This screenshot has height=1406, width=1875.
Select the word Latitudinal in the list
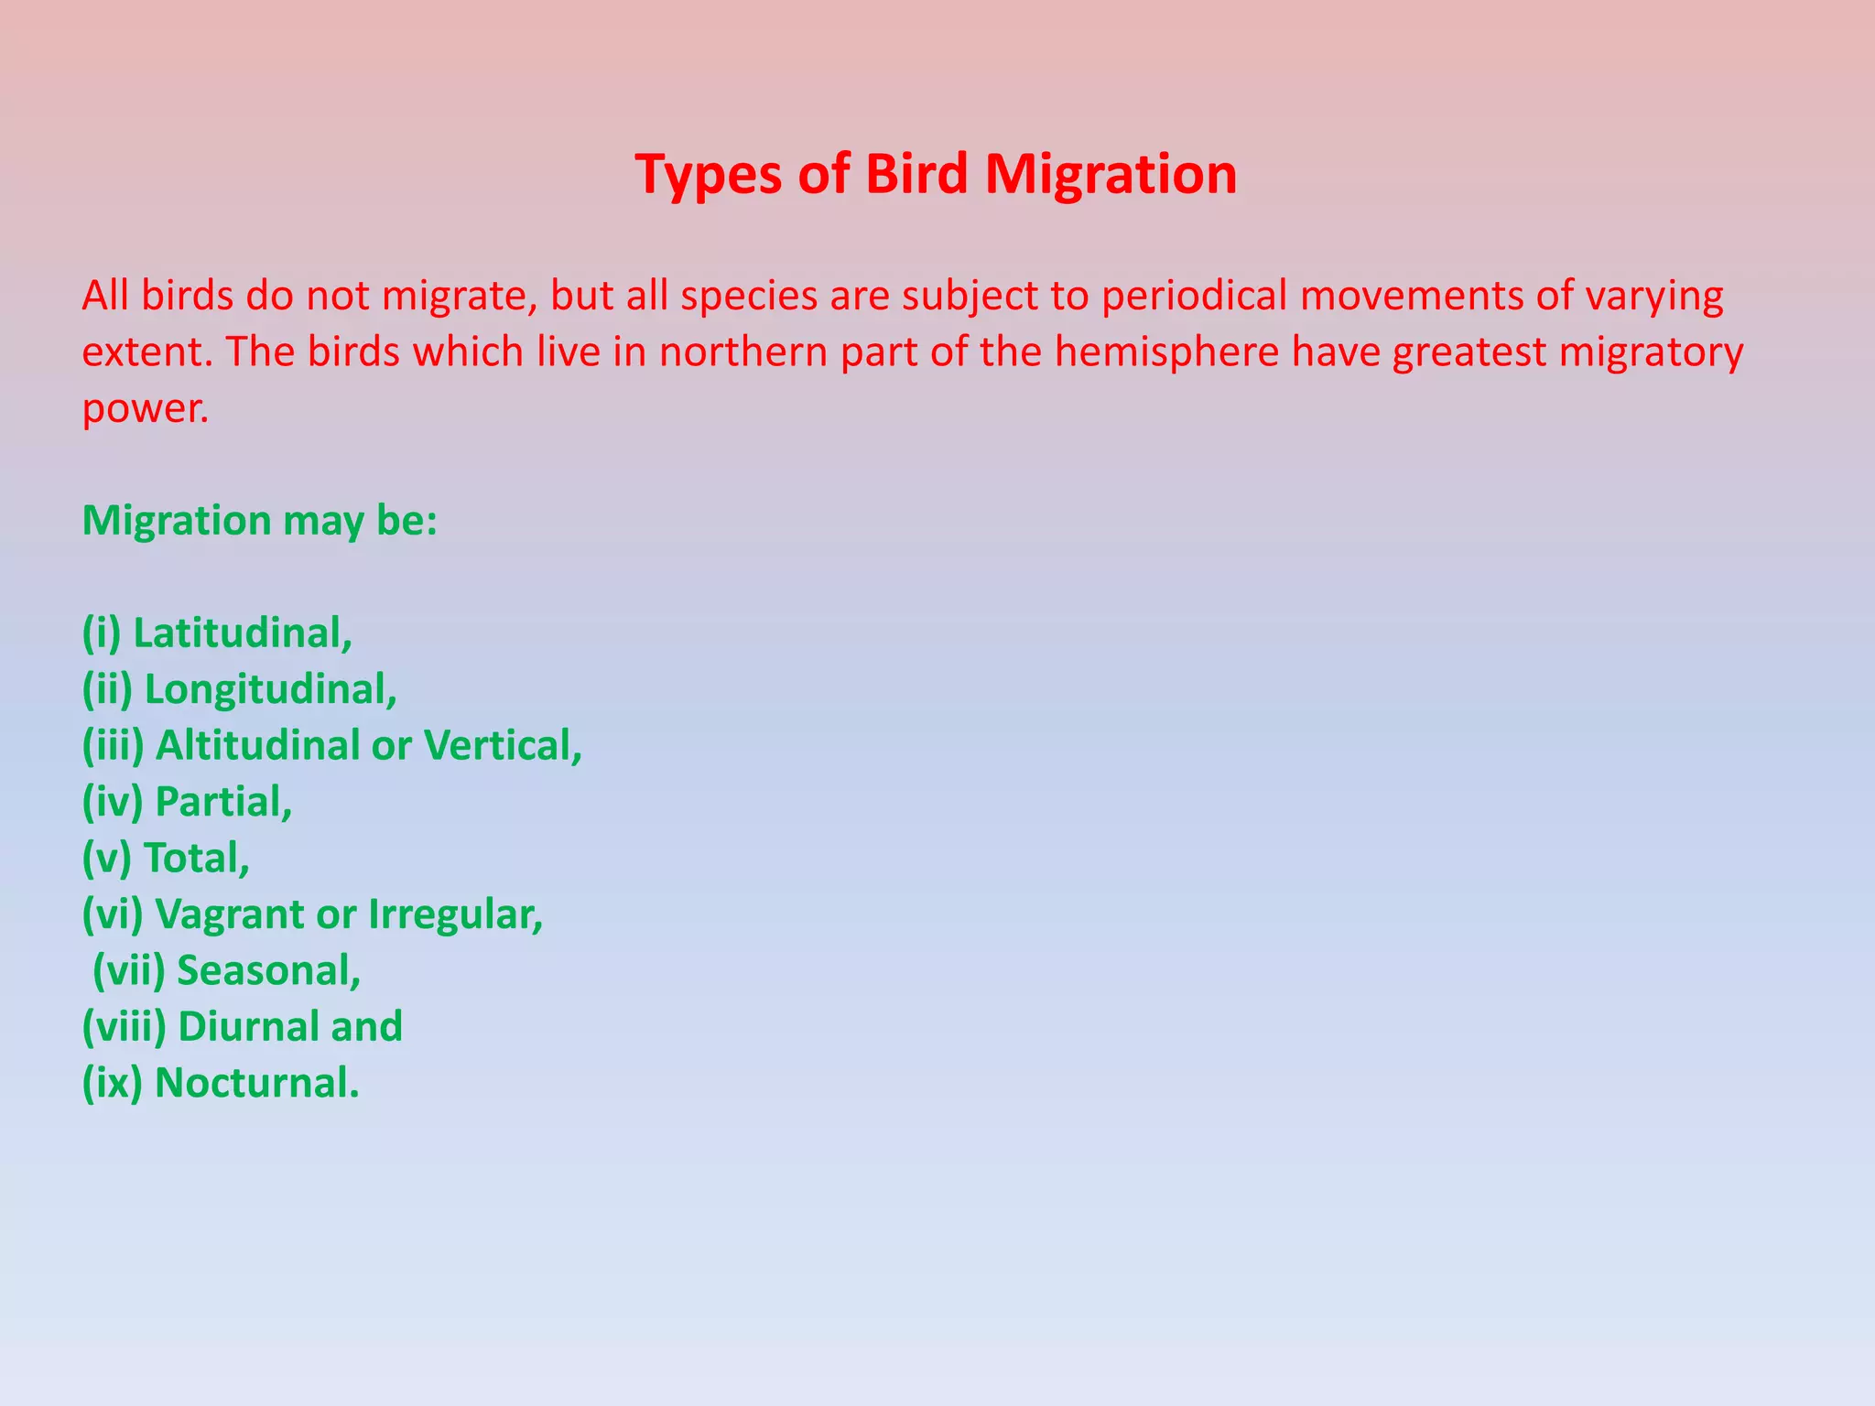point(242,633)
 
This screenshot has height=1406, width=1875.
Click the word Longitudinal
point(270,689)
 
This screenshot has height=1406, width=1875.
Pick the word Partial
point(223,802)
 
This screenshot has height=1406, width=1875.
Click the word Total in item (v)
point(196,858)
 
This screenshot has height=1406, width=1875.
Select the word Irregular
point(455,914)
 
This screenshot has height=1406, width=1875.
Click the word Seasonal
point(268,970)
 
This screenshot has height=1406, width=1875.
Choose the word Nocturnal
point(256,1083)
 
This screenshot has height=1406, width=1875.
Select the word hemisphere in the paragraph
point(1166,351)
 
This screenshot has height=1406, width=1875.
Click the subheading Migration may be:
point(260,521)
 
